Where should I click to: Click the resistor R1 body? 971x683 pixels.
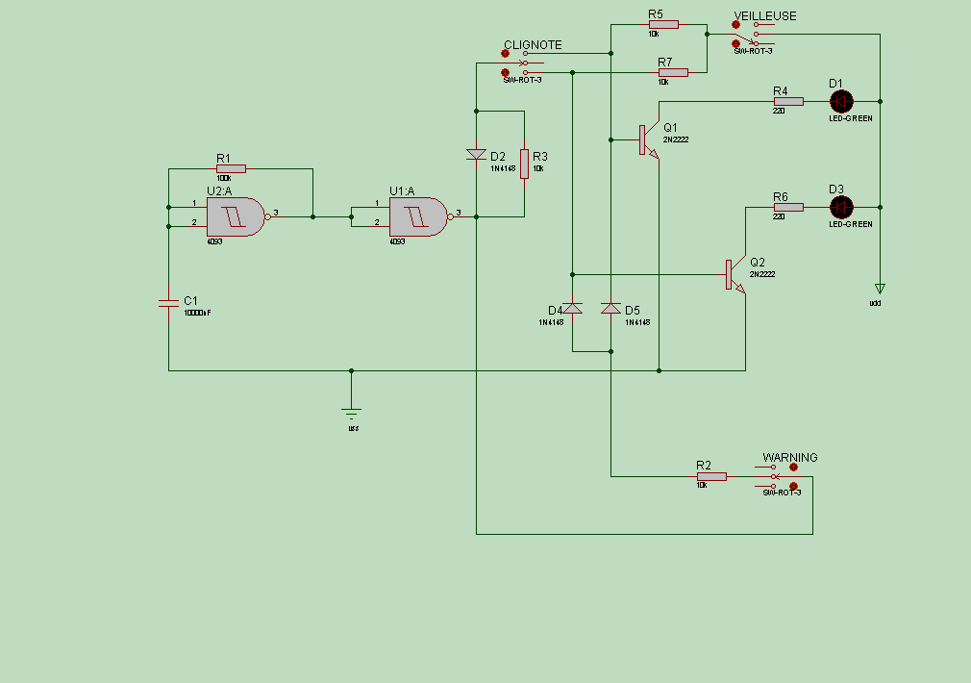pos(231,168)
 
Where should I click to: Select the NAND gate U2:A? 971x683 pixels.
pos(235,217)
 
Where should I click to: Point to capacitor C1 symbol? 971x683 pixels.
pos(168,303)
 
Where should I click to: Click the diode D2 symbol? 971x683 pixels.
pos(476,154)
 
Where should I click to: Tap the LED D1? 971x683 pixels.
pos(841,101)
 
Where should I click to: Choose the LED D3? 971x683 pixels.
pos(841,207)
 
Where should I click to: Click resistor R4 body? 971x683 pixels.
pos(788,101)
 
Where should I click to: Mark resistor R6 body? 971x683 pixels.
pos(788,207)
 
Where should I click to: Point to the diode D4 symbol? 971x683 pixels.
pos(572,308)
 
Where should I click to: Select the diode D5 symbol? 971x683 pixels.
pos(610,308)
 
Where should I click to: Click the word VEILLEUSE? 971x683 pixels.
pos(765,16)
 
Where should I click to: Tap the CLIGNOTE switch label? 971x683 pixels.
pos(533,45)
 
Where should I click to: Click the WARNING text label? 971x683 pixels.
pos(790,458)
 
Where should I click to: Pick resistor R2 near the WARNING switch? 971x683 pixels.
pos(711,476)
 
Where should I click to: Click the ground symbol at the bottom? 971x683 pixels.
pos(352,414)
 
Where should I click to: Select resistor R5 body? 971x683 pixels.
pos(663,24)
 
